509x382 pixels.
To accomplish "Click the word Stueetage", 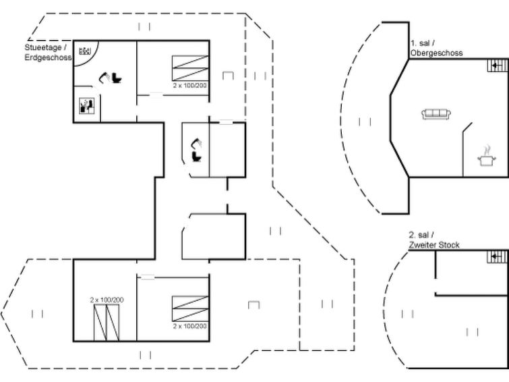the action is click(x=43, y=47).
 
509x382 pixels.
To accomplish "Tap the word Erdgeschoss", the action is click(x=49, y=57).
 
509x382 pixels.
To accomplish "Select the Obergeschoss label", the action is click(x=437, y=53).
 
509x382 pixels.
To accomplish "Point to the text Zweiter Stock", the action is click(x=434, y=245).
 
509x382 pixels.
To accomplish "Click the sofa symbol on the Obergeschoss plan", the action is click(x=437, y=114).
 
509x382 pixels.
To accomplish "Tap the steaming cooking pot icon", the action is click(x=487, y=157).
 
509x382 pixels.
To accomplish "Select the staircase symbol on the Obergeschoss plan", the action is click(x=497, y=65).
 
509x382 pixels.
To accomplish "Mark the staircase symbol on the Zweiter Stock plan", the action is click(x=497, y=257).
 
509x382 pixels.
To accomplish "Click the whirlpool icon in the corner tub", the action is click(x=85, y=51).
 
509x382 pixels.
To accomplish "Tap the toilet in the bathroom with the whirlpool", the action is click(x=117, y=78).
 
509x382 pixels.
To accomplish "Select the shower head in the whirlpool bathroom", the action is click(x=104, y=78).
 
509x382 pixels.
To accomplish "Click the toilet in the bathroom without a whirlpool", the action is click(x=197, y=157).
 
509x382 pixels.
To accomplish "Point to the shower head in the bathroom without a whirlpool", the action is click(x=197, y=144).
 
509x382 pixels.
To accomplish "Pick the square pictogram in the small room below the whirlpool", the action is click(x=88, y=106).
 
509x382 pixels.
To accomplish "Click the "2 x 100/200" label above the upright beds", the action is click(x=107, y=300).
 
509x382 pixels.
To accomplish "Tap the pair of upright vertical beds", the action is click(x=107, y=323).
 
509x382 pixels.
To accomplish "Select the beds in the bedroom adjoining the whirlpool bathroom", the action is click(x=190, y=68).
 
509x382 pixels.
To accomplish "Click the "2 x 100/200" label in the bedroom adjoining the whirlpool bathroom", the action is click(x=190, y=86).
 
